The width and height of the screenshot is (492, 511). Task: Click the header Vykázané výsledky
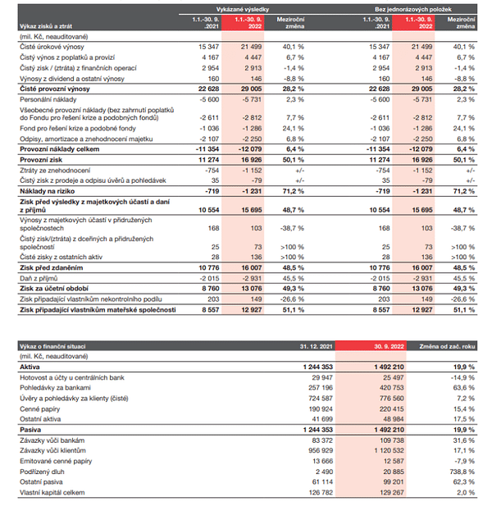pyautogui.click(x=243, y=9)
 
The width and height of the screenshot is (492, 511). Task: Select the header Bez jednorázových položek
pyautogui.click(x=412, y=9)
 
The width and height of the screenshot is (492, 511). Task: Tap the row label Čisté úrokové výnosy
pyautogui.click(x=52, y=47)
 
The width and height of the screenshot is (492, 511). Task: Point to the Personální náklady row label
pyautogui.click(x=48, y=100)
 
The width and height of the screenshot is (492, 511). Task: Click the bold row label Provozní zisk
pyautogui.click(x=41, y=160)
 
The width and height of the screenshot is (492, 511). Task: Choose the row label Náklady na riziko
pyautogui.click(x=47, y=191)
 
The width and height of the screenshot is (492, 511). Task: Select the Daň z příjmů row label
pyautogui.click(x=39, y=278)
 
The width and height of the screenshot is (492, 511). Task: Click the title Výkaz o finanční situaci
pyautogui.click(x=52, y=346)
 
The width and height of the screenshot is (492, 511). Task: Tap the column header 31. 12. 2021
pyautogui.click(x=316, y=346)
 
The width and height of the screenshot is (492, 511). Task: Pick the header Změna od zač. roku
pyautogui.click(x=447, y=346)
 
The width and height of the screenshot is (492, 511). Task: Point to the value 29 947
pyautogui.click(x=322, y=377)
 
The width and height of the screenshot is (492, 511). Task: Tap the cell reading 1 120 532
pyautogui.click(x=389, y=450)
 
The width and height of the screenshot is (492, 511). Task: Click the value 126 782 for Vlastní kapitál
pyautogui.click(x=321, y=492)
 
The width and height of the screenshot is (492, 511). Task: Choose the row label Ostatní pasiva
pyautogui.click(x=41, y=482)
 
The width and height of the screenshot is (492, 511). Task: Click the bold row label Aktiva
pyautogui.click(x=30, y=367)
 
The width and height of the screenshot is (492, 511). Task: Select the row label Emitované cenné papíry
pyautogui.click(x=56, y=461)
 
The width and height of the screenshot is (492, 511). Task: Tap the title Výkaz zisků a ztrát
pyautogui.click(x=46, y=26)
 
